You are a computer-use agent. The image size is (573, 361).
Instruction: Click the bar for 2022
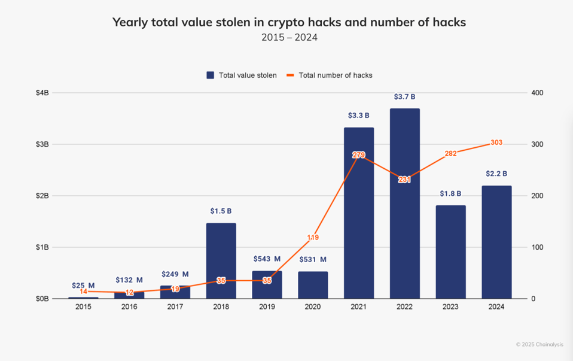tap(404, 204)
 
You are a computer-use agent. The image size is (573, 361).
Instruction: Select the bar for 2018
tap(221, 260)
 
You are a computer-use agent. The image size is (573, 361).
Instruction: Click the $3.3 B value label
tap(359, 116)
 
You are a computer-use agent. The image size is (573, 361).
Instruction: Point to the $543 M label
tap(267, 259)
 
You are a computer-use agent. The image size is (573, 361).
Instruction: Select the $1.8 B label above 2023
tap(450, 193)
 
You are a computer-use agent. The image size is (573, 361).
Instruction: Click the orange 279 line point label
tap(359, 155)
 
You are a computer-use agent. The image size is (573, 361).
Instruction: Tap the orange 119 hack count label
tap(313, 238)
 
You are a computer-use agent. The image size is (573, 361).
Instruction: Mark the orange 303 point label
tap(496, 142)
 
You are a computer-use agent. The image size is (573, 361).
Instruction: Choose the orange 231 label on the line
tap(404, 180)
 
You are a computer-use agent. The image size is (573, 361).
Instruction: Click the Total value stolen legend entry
tap(242, 75)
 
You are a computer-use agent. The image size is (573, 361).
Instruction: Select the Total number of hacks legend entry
tap(330, 75)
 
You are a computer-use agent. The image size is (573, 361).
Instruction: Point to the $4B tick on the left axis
tap(42, 93)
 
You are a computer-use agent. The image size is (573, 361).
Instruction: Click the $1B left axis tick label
tap(42, 247)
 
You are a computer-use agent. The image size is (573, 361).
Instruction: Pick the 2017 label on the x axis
tap(175, 307)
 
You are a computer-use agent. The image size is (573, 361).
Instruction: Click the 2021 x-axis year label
tap(359, 307)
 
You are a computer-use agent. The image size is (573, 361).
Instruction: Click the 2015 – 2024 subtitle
tap(289, 38)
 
